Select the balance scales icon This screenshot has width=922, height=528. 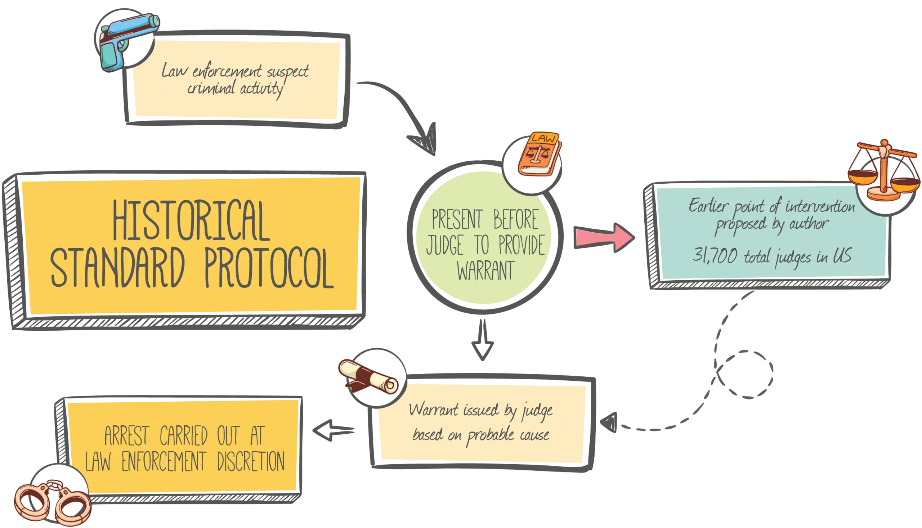coord(883,170)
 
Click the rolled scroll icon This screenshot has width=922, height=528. coord(368,377)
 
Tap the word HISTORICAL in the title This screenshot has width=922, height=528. coord(191,221)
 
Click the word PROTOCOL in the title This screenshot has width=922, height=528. coord(269,268)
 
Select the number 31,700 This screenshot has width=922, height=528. coord(715,256)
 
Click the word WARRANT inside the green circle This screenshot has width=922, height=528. coord(485,271)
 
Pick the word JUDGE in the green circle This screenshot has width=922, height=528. coord(445,245)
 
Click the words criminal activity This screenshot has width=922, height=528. coord(234,88)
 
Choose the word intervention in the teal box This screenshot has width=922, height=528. coord(820,207)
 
